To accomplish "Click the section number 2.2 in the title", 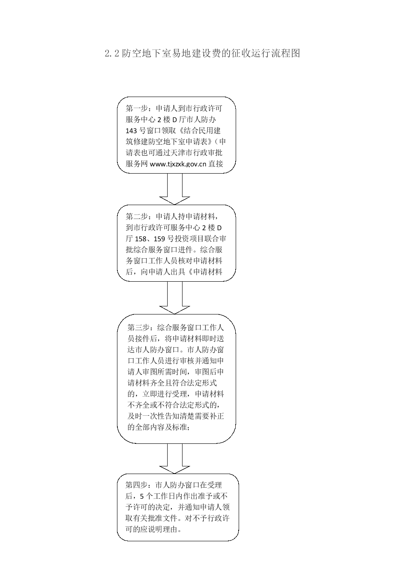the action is pos(112,53).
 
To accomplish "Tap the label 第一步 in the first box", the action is pos(137,108).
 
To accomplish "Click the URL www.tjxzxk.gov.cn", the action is pos(178,164).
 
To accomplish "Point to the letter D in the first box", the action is pos(174,120).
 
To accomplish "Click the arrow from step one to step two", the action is pos(175,189).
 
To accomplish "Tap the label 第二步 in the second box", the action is pos(137,216).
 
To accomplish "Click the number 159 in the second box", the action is pos(160,239).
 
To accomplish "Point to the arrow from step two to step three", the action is pos(175,297).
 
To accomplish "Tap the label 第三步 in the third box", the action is pos(138,327).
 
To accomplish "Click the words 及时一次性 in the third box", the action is pos(146,416).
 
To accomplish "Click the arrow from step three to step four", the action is pos(175,458).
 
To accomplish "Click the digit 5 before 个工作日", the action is pos(142,496).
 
